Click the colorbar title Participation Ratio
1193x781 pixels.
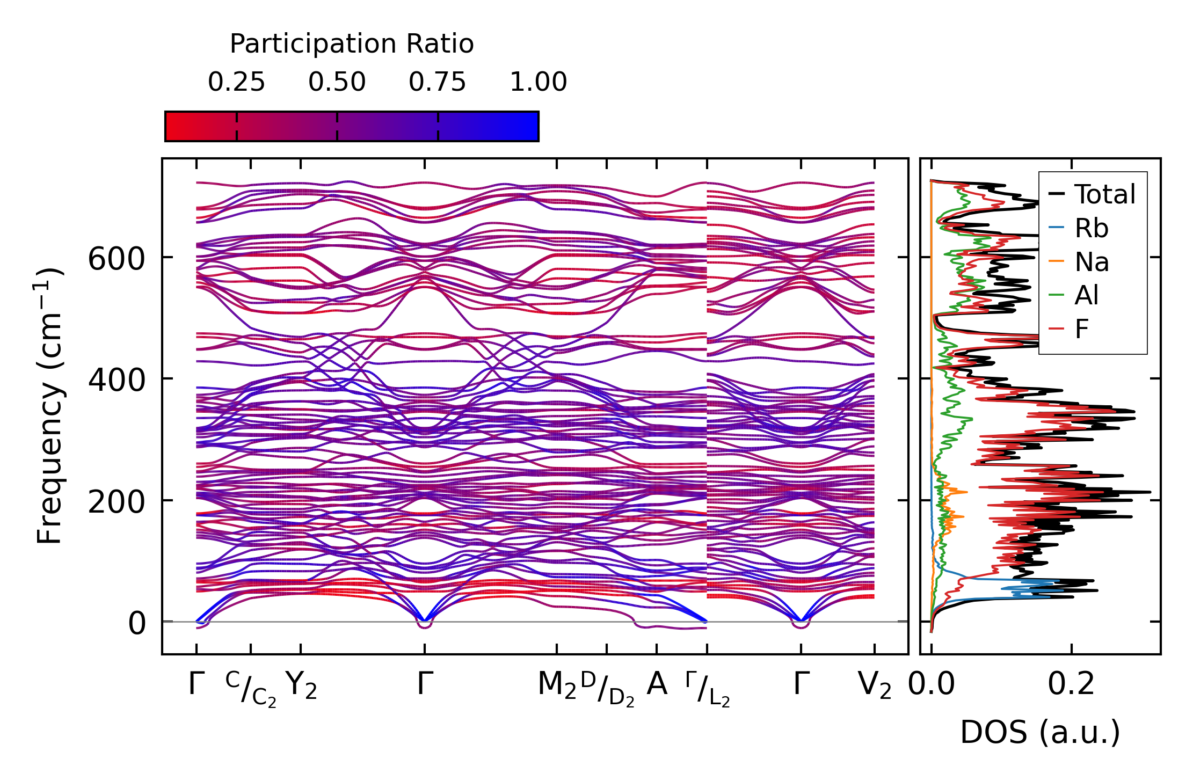(x=352, y=44)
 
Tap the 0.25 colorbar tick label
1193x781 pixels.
(x=236, y=83)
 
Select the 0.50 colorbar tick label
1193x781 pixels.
(x=337, y=83)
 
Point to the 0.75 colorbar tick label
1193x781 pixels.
(x=437, y=83)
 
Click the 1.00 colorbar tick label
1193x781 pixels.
(x=538, y=83)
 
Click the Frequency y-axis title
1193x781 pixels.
(x=50, y=406)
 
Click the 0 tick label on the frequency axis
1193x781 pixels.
(x=136, y=624)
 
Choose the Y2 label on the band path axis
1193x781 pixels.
(x=301, y=685)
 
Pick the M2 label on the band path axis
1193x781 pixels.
(x=557, y=685)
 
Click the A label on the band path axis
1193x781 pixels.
(x=657, y=684)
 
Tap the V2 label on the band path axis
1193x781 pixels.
(x=875, y=685)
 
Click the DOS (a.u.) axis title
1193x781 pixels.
(x=1040, y=733)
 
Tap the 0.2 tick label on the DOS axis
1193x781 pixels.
(x=1071, y=684)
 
